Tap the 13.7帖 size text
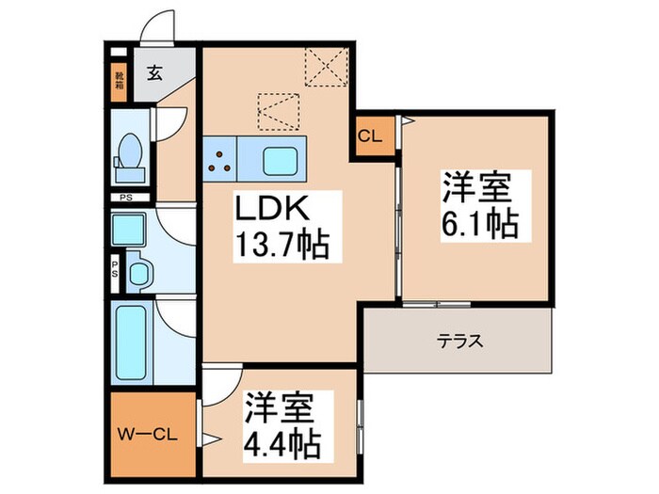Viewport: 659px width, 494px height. pyautogui.click(x=281, y=247)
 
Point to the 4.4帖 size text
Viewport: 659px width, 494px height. pyautogui.click(x=283, y=444)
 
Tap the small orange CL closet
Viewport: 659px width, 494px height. pyautogui.click(x=369, y=136)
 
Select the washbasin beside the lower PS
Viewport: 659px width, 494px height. pyautogui.click(x=138, y=273)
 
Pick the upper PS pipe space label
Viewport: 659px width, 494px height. pyautogui.click(x=125, y=199)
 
